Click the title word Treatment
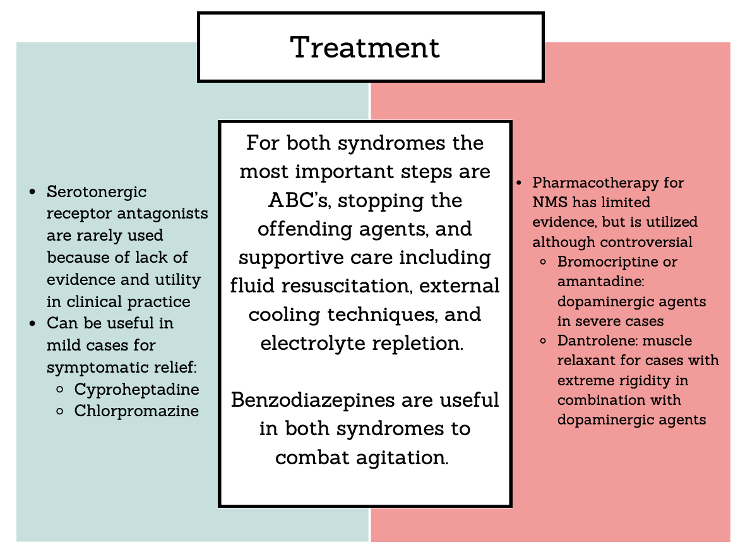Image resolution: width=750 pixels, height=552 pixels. coord(365,47)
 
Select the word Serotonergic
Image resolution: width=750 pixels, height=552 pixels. coord(97,192)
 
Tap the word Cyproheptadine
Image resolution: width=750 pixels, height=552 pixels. coord(137,390)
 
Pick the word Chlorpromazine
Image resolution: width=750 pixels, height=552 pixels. coord(136,411)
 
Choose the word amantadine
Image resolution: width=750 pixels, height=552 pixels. coord(601,281)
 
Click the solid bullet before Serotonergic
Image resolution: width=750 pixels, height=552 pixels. coord(33,192)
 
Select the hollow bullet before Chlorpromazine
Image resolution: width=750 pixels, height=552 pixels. coord(60,411)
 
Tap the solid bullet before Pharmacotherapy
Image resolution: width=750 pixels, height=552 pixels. coord(520,183)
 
